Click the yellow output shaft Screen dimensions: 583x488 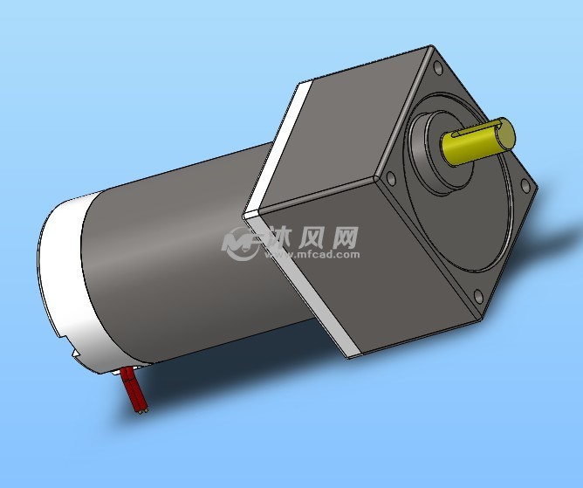[477, 141]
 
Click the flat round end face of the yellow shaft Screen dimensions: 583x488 [506, 134]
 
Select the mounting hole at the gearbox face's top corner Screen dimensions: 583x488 [437, 69]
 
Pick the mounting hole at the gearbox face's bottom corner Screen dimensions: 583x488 [479, 297]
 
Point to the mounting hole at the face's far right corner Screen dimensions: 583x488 [525, 186]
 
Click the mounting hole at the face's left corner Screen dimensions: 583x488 [391, 179]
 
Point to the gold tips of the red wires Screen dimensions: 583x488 [143, 411]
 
